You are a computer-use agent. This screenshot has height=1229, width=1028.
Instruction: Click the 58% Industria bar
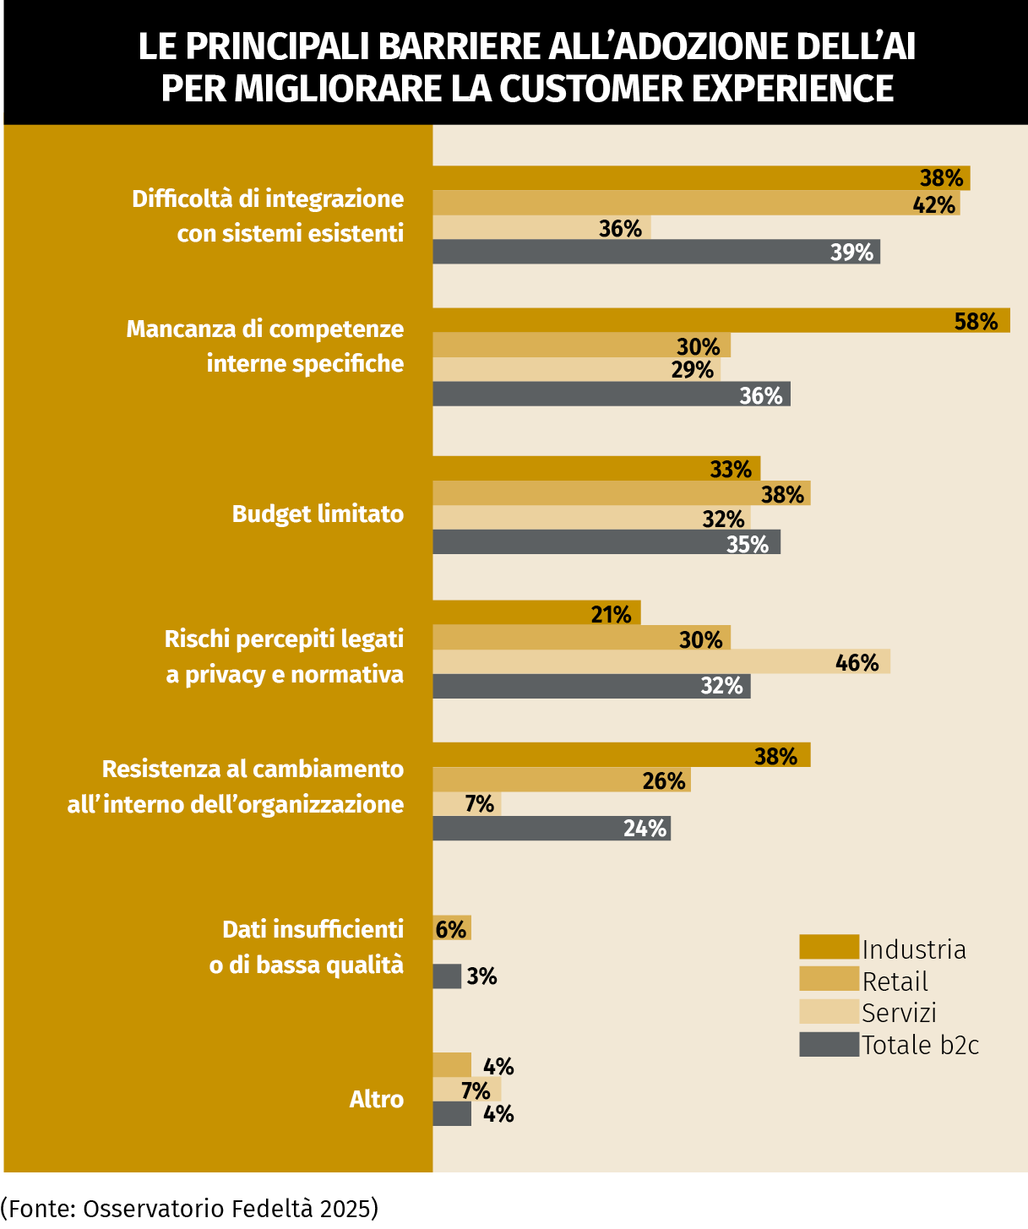point(721,321)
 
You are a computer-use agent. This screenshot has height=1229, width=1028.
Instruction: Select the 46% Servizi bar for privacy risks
point(661,662)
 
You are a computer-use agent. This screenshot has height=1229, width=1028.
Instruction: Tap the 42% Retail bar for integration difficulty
point(695,204)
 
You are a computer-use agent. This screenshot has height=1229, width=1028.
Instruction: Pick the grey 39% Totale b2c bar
point(655,252)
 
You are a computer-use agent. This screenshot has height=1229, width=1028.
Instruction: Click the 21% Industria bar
point(536,613)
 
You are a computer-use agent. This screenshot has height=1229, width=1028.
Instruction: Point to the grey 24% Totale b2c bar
point(551,829)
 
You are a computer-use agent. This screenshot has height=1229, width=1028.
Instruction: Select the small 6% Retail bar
point(451,928)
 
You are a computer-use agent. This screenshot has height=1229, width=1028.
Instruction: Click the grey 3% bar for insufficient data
point(447,976)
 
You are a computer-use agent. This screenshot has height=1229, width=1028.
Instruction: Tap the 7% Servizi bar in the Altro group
point(466,1090)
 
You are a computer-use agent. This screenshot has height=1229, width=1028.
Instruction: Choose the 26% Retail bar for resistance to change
point(561,780)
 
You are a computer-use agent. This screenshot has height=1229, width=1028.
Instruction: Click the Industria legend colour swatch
point(828,948)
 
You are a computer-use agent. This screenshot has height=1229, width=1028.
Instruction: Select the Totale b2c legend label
point(920,1045)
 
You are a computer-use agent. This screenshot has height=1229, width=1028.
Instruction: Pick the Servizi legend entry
point(899,1013)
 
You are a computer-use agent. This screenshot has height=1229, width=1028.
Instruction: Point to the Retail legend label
point(895,982)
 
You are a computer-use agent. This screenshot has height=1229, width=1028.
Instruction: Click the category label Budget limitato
point(318,514)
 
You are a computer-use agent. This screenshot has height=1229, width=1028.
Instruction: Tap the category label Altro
point(376,1099)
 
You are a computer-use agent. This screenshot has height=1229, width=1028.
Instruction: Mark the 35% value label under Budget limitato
point(748,544)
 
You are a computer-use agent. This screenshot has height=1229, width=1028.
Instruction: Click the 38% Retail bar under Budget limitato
point(621,493)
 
